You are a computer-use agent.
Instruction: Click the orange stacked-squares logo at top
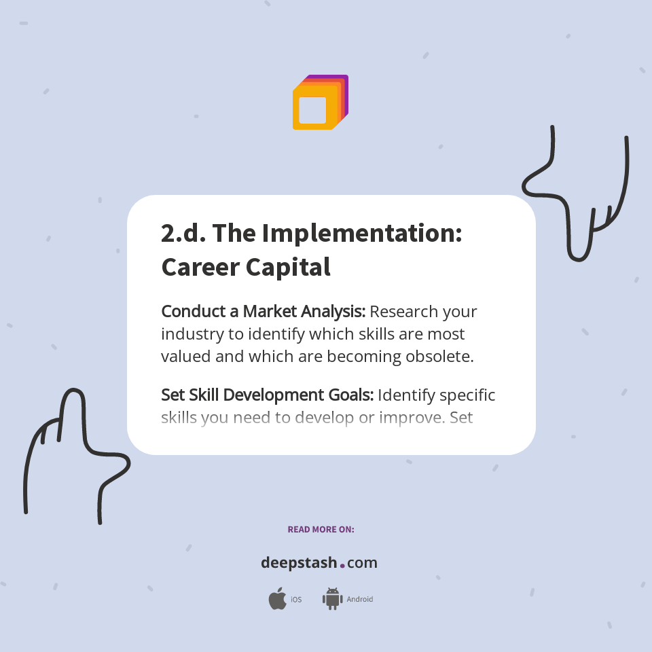click(x=319, y=103)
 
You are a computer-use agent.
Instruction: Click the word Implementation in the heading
click(x=362, y=233)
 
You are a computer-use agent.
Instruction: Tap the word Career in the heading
click(x=200, y=267)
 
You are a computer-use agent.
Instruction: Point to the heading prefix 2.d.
click(x=183, y=233)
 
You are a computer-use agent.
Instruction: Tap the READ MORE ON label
click(x=321, y=529)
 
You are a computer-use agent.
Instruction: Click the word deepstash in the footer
click(x=299, y=563)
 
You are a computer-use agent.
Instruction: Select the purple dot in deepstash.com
click(x=342, y=565)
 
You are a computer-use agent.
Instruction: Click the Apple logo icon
click(x=277, y=599)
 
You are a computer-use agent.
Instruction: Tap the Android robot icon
click(x=332, y=599)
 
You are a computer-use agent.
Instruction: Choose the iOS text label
click(x=296, y=600)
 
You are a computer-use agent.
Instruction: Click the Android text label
click(x=359, y=600)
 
